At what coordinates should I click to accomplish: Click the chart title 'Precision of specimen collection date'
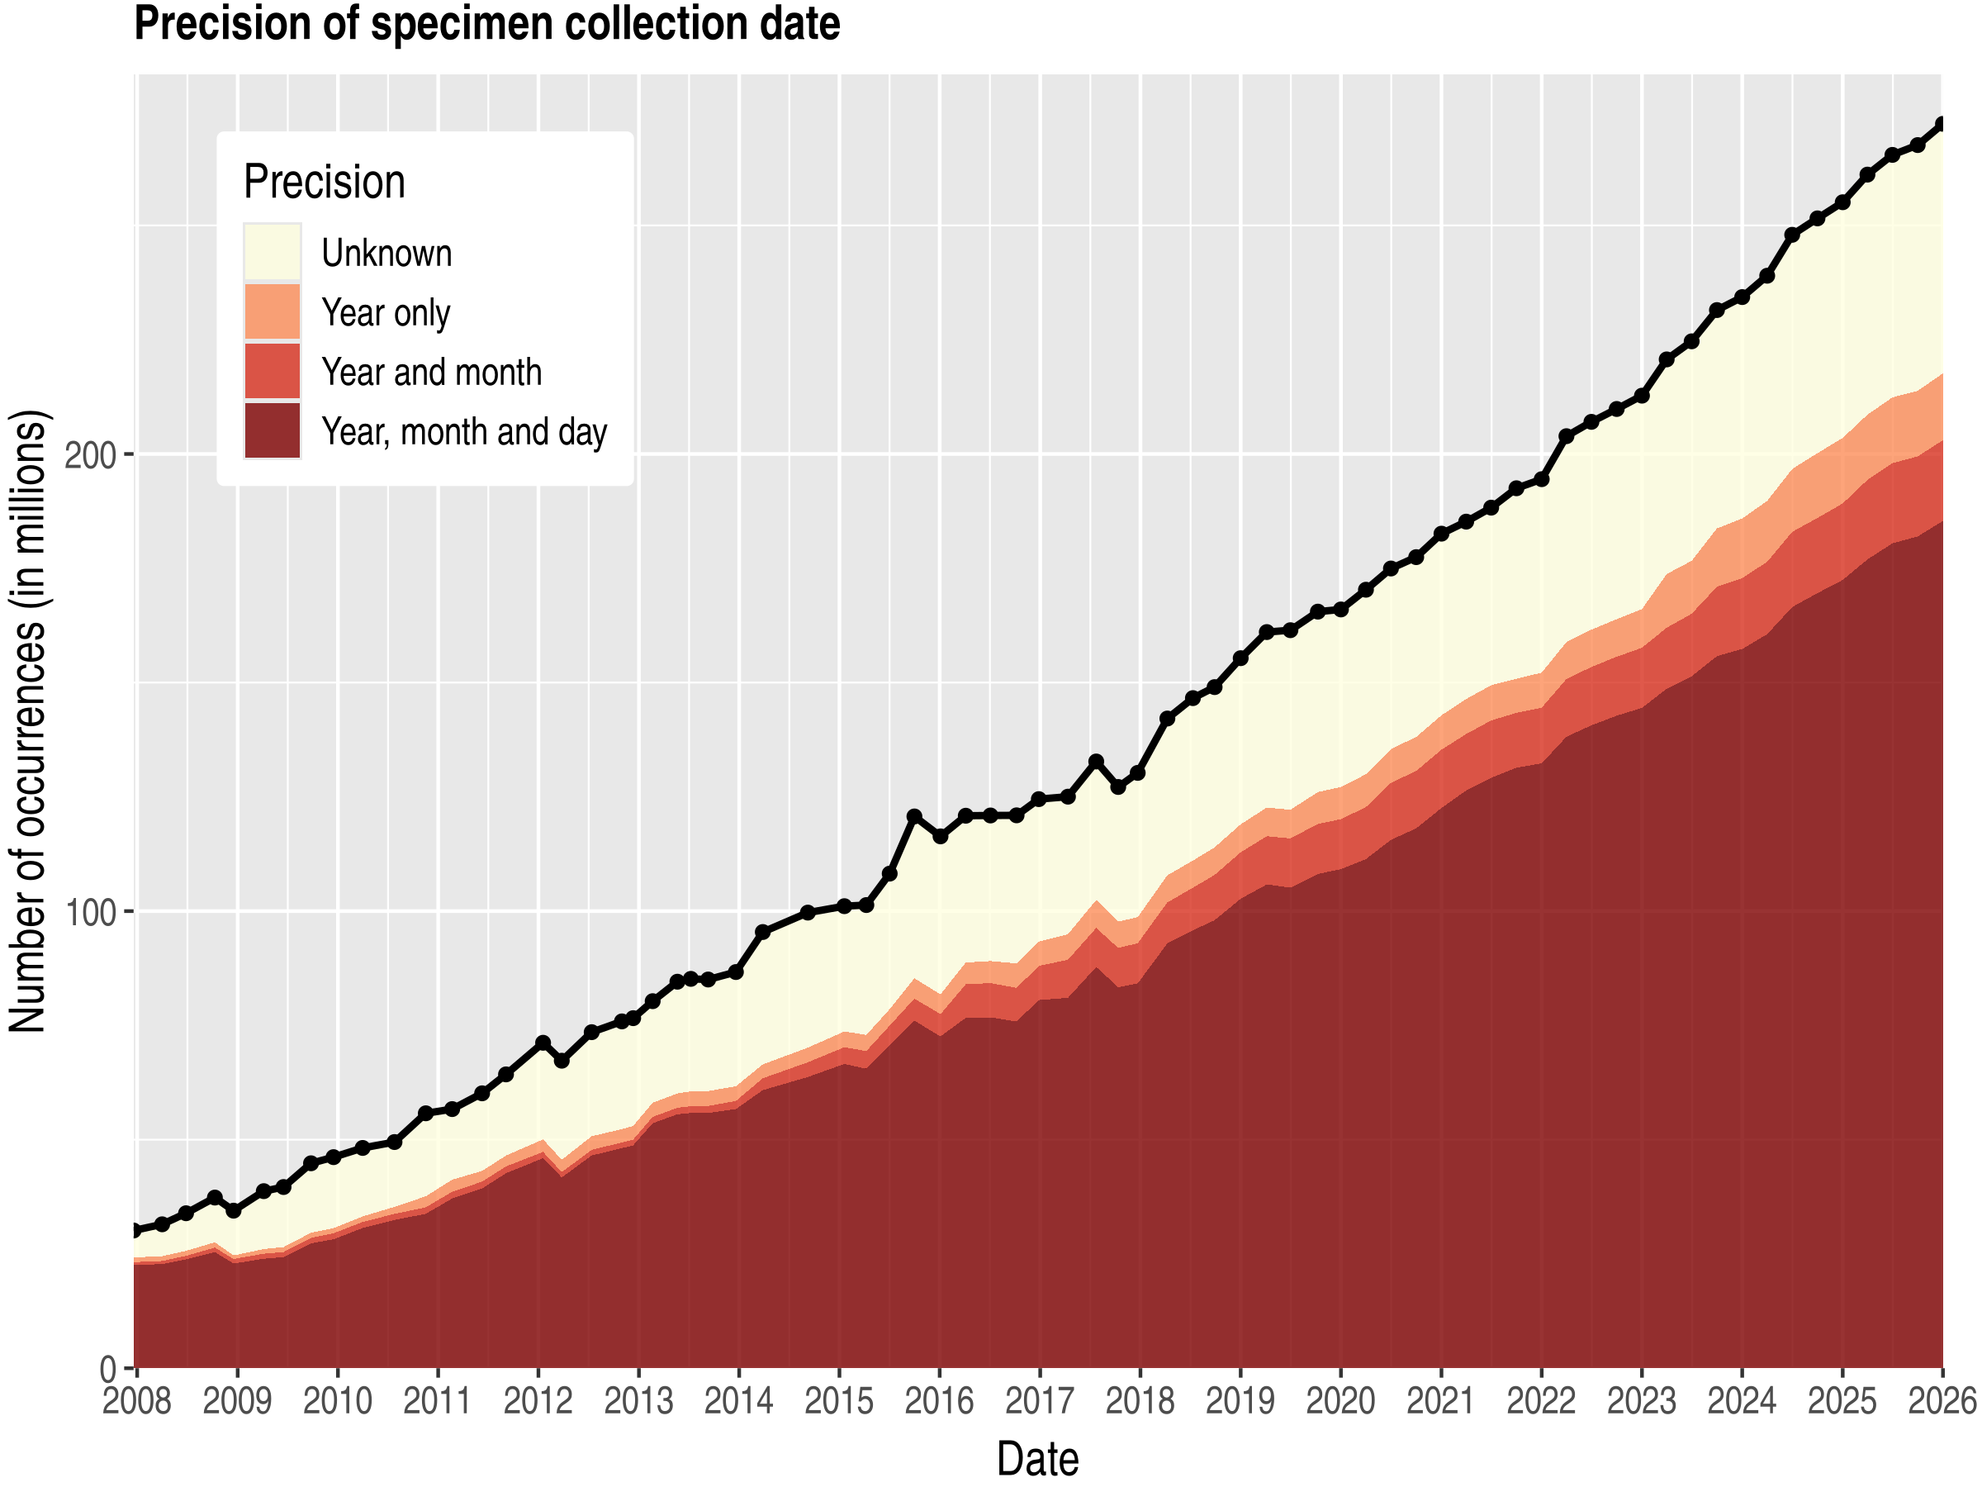(x=486, y=24)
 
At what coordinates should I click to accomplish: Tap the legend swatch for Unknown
(x=273, y=253)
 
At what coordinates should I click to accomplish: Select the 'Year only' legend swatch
(x=273, y=312)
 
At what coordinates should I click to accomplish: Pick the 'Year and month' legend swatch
(x=273, y=372)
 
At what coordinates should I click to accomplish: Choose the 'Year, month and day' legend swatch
(x=273, y=431)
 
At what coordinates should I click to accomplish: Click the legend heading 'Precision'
(x=325, y=182)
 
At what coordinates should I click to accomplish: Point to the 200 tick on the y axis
(x=92, y=455)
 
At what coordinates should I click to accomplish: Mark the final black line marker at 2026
(x=1942, y=124)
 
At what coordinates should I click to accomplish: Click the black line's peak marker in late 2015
(x=914, y=816)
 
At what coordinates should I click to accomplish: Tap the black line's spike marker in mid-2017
(x=1095, y=761)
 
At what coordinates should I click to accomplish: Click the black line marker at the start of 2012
(x=542, y=1043)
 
